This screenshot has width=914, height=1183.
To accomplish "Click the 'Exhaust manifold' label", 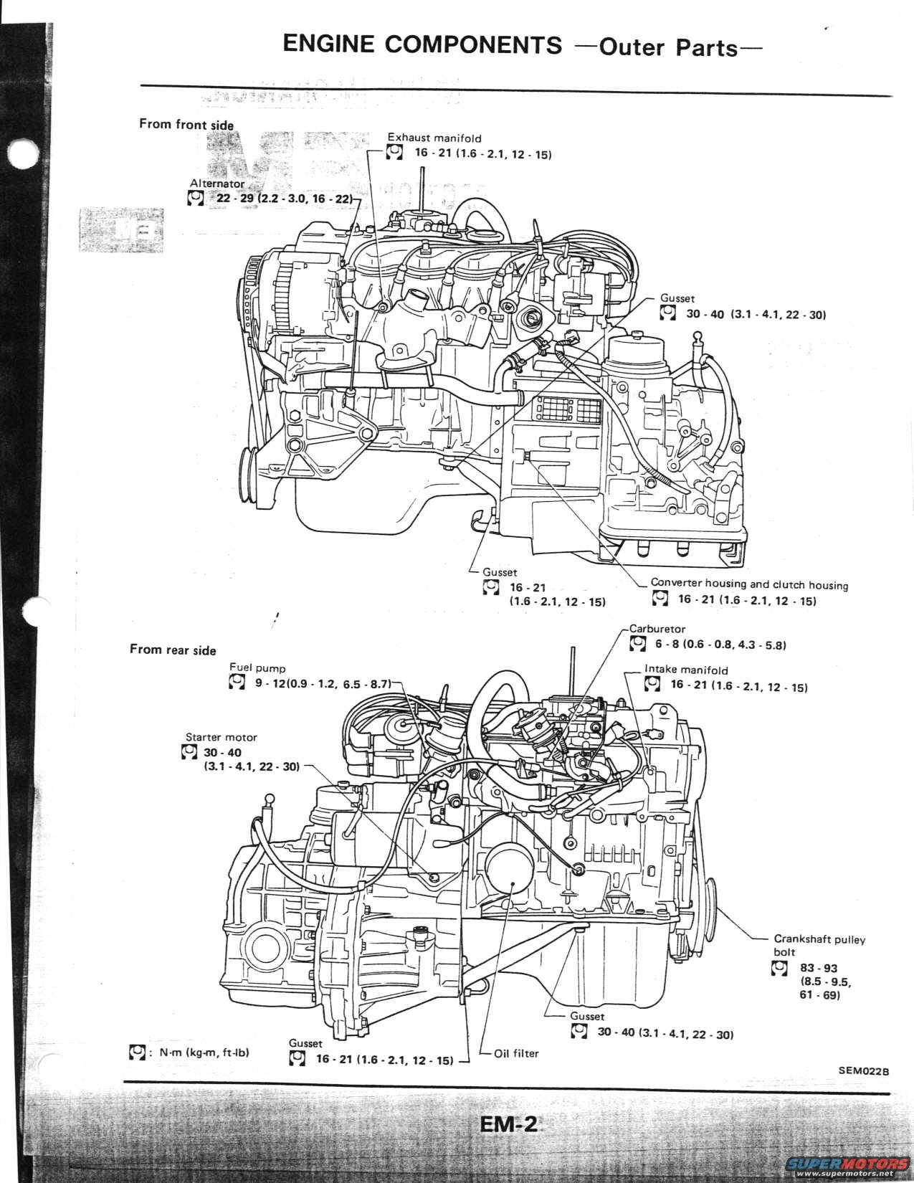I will coord(434,138).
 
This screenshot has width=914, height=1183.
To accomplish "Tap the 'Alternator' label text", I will coord(217,184).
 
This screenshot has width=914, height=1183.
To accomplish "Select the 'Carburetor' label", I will coord(657,629).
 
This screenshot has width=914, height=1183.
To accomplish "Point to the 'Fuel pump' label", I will coord(257,667).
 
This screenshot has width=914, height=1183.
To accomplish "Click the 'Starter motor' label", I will coord(221,737).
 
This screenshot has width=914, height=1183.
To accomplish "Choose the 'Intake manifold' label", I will coord(686,670).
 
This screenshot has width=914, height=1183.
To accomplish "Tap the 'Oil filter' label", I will coord(516,1053).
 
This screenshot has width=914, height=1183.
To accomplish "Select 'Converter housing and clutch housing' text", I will coord(749,584).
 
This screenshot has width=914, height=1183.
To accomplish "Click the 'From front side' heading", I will coord(186,125).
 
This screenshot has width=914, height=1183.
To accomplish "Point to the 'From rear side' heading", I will coord(173,650).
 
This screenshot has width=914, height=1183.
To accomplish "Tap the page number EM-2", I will coord(508,1123).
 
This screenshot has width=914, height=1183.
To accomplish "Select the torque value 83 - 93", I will coord(819,968).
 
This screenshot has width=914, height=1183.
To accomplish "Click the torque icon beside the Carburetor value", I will coord(637,645).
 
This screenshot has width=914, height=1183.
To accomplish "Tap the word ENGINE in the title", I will coord(328,44).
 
